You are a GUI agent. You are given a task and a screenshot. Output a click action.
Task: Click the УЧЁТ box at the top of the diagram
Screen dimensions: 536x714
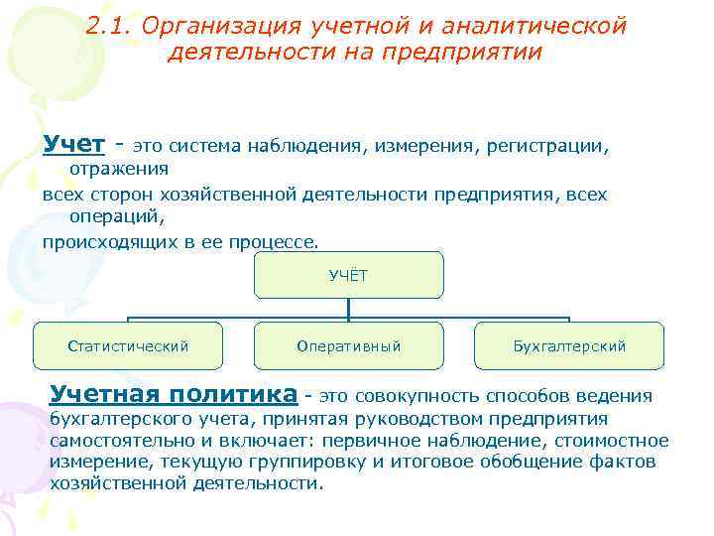pos(348,276)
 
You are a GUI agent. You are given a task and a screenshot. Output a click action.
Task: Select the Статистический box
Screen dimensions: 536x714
pos(128,346)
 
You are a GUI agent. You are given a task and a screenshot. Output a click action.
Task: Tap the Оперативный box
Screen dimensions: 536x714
pos(348,346)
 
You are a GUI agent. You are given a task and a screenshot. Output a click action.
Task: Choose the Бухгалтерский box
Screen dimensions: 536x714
pos(569,346)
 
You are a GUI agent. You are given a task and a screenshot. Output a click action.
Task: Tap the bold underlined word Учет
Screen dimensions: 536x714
pos(74,145)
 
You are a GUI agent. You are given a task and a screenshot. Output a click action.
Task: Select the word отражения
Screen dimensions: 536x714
pos(118,170)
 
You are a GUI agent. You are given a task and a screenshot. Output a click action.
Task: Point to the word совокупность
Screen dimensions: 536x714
pos(411,397)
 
